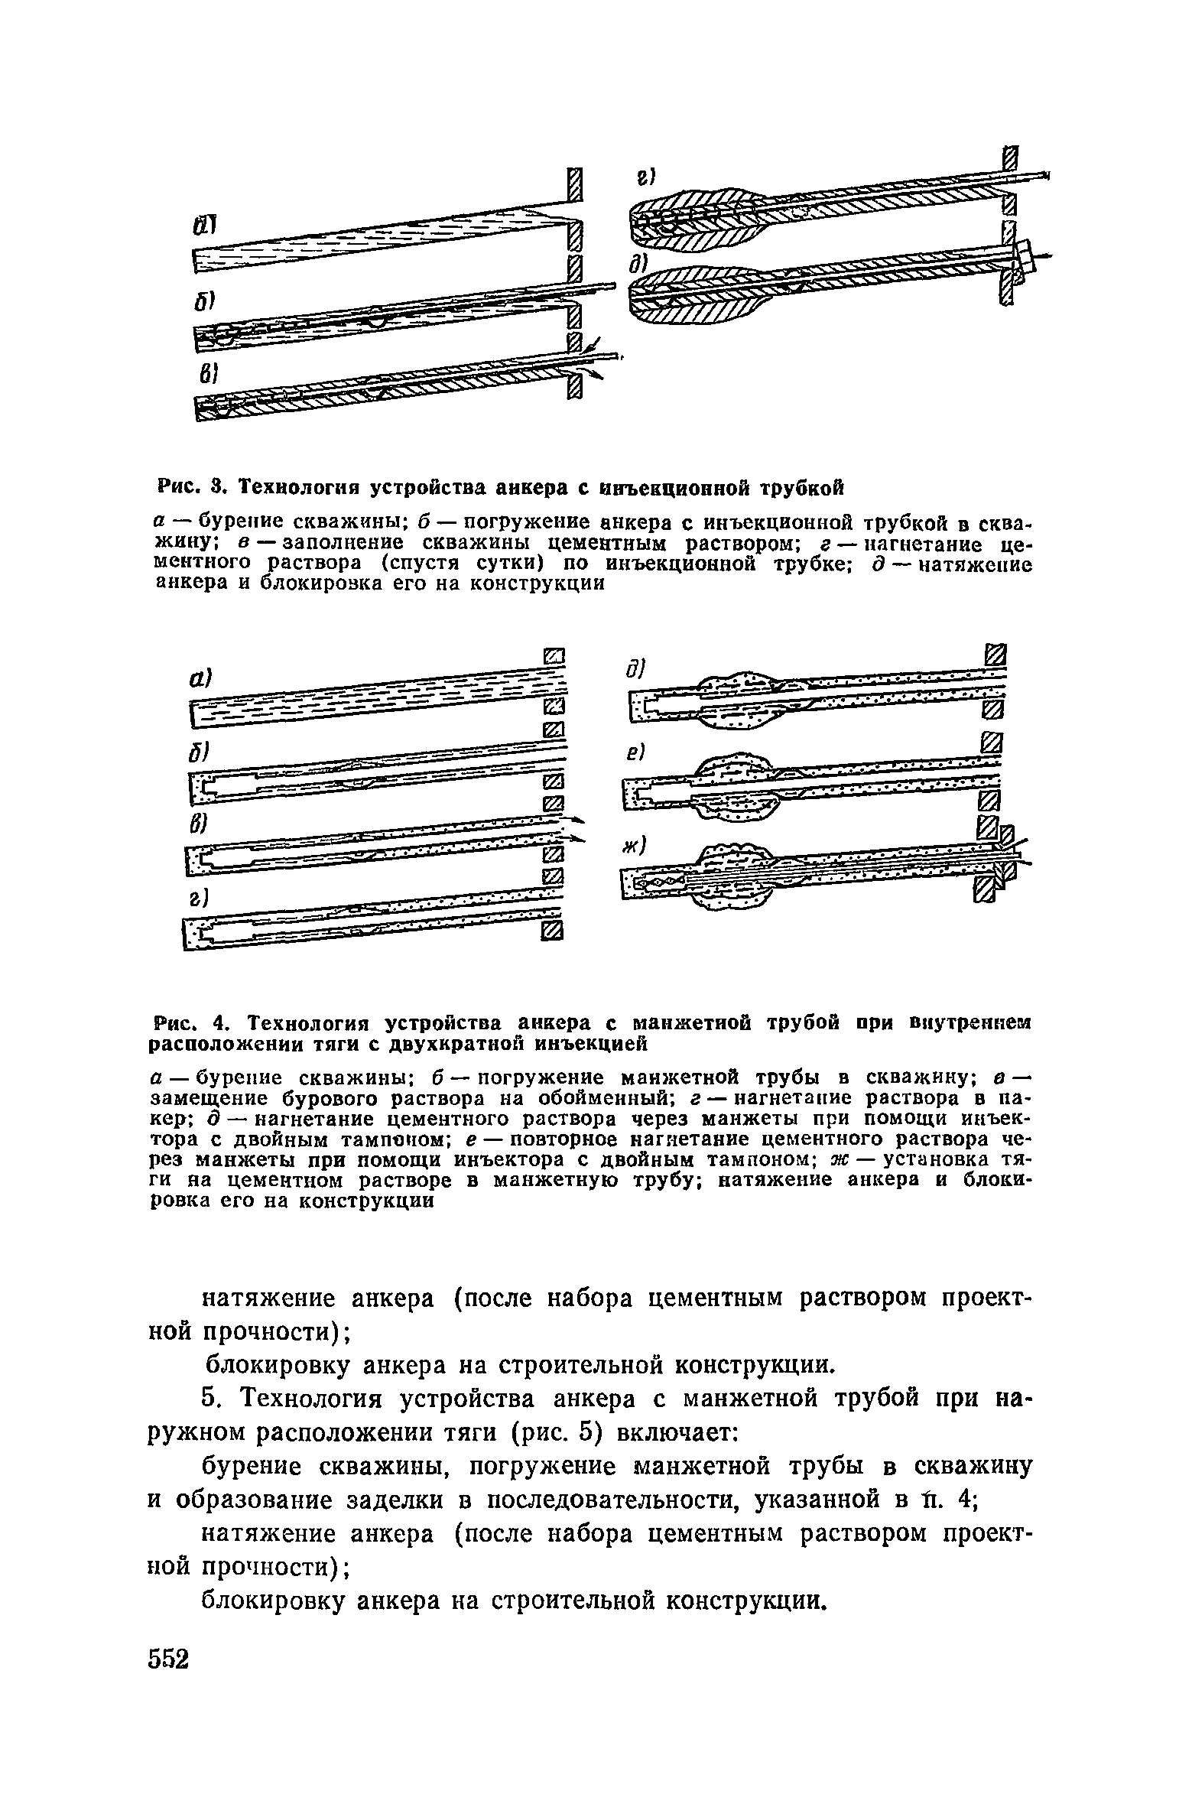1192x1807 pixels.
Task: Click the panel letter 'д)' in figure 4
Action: pos(636,668)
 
